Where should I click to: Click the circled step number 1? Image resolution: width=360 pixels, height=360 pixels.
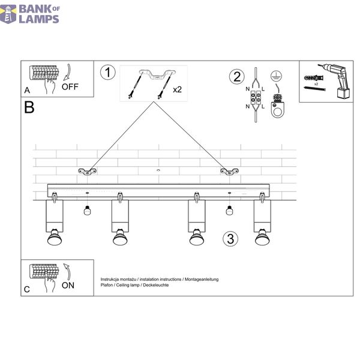point(107,73)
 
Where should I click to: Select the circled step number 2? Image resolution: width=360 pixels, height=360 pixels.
point(237,76)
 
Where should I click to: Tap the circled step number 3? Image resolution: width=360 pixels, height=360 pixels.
point(230,239)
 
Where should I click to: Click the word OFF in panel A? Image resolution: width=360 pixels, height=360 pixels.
point(70,87)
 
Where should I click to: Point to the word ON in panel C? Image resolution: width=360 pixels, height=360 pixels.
point(68,286)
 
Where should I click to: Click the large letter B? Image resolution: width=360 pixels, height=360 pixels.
point(29,107)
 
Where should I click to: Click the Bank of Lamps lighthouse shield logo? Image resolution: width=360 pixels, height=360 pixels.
point(8,14)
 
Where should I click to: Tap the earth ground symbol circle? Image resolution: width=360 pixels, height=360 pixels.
point(276,76)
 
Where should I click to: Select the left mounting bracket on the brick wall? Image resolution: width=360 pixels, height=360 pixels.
point(87,172)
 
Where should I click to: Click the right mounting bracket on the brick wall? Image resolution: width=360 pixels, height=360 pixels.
point(229,172)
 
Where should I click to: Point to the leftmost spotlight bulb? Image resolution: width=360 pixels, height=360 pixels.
point(55,237)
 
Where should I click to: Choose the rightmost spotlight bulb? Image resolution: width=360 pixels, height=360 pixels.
point(262,237)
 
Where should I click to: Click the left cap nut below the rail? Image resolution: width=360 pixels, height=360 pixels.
point(87,211)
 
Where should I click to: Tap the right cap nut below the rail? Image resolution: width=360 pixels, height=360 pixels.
point(229,211)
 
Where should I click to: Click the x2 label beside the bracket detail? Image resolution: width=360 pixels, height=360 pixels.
point(177,89)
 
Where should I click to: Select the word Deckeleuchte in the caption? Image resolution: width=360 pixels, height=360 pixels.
point(156,285)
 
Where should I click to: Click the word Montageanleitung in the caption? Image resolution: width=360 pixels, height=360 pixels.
point(202,280)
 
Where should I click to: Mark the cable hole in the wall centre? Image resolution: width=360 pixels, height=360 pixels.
point(158,170)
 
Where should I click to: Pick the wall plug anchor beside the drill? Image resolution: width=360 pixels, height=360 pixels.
point(314,78)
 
